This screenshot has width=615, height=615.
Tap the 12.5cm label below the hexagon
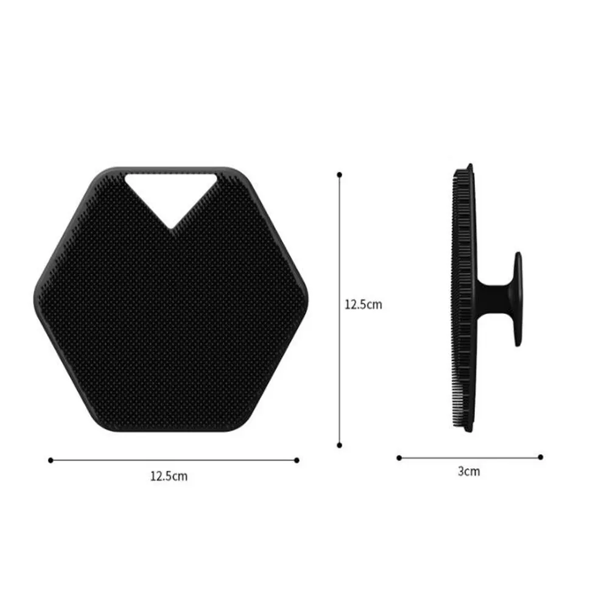coord(169,477)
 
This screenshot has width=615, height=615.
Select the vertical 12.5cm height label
coord(363,304)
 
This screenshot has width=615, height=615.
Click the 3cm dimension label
coord(469,471)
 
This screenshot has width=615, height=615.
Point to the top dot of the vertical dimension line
coord(340,175)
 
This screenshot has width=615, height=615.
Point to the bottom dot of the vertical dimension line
coord(340,445)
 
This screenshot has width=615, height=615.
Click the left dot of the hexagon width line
coord(51,460)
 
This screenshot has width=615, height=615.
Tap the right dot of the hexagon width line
coord(297,460)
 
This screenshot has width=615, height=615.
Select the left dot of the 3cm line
coord(399,458)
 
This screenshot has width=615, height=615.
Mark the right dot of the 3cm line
coord(541,457)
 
